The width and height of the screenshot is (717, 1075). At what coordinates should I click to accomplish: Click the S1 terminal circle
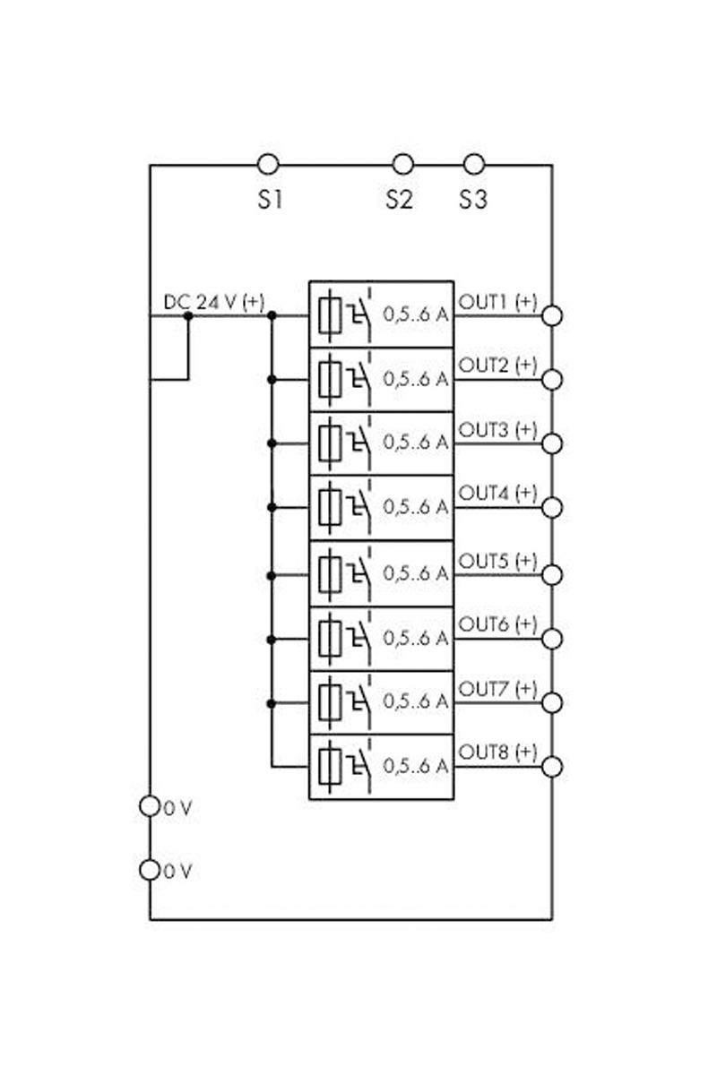[267, 164]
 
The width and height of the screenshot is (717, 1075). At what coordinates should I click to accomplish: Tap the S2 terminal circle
[403, 164]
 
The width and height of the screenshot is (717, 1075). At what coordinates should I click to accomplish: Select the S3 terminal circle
[474, 164]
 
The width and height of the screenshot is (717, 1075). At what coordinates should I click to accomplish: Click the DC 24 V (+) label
[213, 303]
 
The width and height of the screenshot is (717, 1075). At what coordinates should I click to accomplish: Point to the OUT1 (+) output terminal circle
[552, 315]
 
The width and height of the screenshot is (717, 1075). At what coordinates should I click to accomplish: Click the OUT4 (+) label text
[497, 494]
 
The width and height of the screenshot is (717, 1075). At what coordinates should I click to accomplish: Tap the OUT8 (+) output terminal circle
[552, 767]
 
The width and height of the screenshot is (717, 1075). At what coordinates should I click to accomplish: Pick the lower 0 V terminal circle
[150, 869]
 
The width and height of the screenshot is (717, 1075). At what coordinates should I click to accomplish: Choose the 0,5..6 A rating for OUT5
[416, 573]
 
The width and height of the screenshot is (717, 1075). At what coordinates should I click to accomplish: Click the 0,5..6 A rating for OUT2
[416, 379]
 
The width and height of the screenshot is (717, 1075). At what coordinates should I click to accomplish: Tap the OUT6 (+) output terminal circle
[552, 639]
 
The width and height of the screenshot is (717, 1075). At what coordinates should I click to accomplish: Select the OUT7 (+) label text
[497, 688]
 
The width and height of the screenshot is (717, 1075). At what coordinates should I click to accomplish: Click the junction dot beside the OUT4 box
[272, 507]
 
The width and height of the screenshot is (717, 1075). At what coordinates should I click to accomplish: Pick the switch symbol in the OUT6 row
[360, 638]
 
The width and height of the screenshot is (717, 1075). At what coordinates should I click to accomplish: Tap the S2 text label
[400, 200]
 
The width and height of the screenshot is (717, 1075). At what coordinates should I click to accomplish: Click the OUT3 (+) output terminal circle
[552, 444]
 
